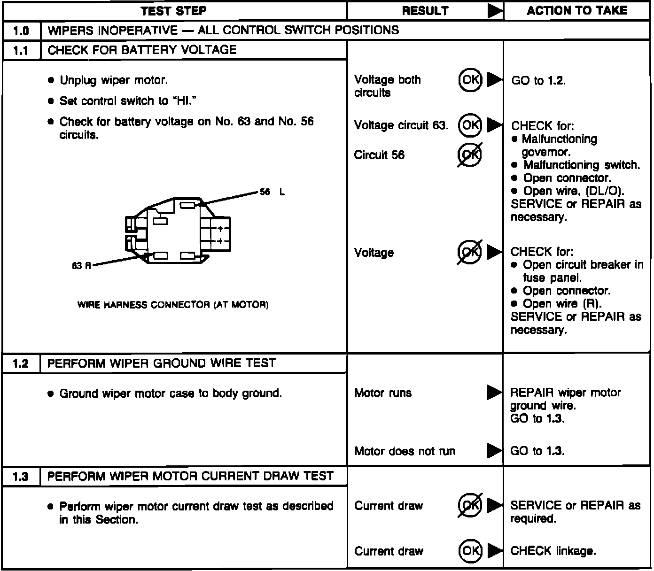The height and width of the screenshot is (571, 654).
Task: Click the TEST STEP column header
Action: pos(174,11)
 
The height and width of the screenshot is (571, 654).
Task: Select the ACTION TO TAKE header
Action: pos(577,11)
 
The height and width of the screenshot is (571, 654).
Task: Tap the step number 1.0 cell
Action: pos(21,31)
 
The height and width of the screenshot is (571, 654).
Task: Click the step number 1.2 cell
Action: pos(21,364)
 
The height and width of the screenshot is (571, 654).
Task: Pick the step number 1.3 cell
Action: pos(21,477)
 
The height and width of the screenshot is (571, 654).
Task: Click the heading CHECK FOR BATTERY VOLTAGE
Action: pos(142,50)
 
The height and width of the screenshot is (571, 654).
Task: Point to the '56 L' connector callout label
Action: pos(272,192)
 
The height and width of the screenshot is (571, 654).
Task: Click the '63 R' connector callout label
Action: pos(81,266)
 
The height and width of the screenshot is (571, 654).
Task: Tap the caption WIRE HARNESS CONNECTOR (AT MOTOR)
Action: pos(173,305)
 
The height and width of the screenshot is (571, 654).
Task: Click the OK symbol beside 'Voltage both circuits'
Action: pos(470,80)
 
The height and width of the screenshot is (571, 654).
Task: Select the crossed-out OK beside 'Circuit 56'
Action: pos(470,155)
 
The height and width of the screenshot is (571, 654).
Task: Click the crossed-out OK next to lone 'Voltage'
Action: pos(470,252)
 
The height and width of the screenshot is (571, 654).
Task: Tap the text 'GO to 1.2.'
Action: pos(538,81)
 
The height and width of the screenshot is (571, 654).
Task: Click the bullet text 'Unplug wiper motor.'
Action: pos(114,80)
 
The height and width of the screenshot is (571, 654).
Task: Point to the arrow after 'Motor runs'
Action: pos(494,392)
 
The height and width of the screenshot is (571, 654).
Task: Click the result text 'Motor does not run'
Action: pos(405,451)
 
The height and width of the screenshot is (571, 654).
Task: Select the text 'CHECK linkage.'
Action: pos(553,551)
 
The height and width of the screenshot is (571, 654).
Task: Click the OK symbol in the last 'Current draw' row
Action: pos(470,550)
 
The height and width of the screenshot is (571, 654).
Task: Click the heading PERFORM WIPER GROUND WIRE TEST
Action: pos(162,363)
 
